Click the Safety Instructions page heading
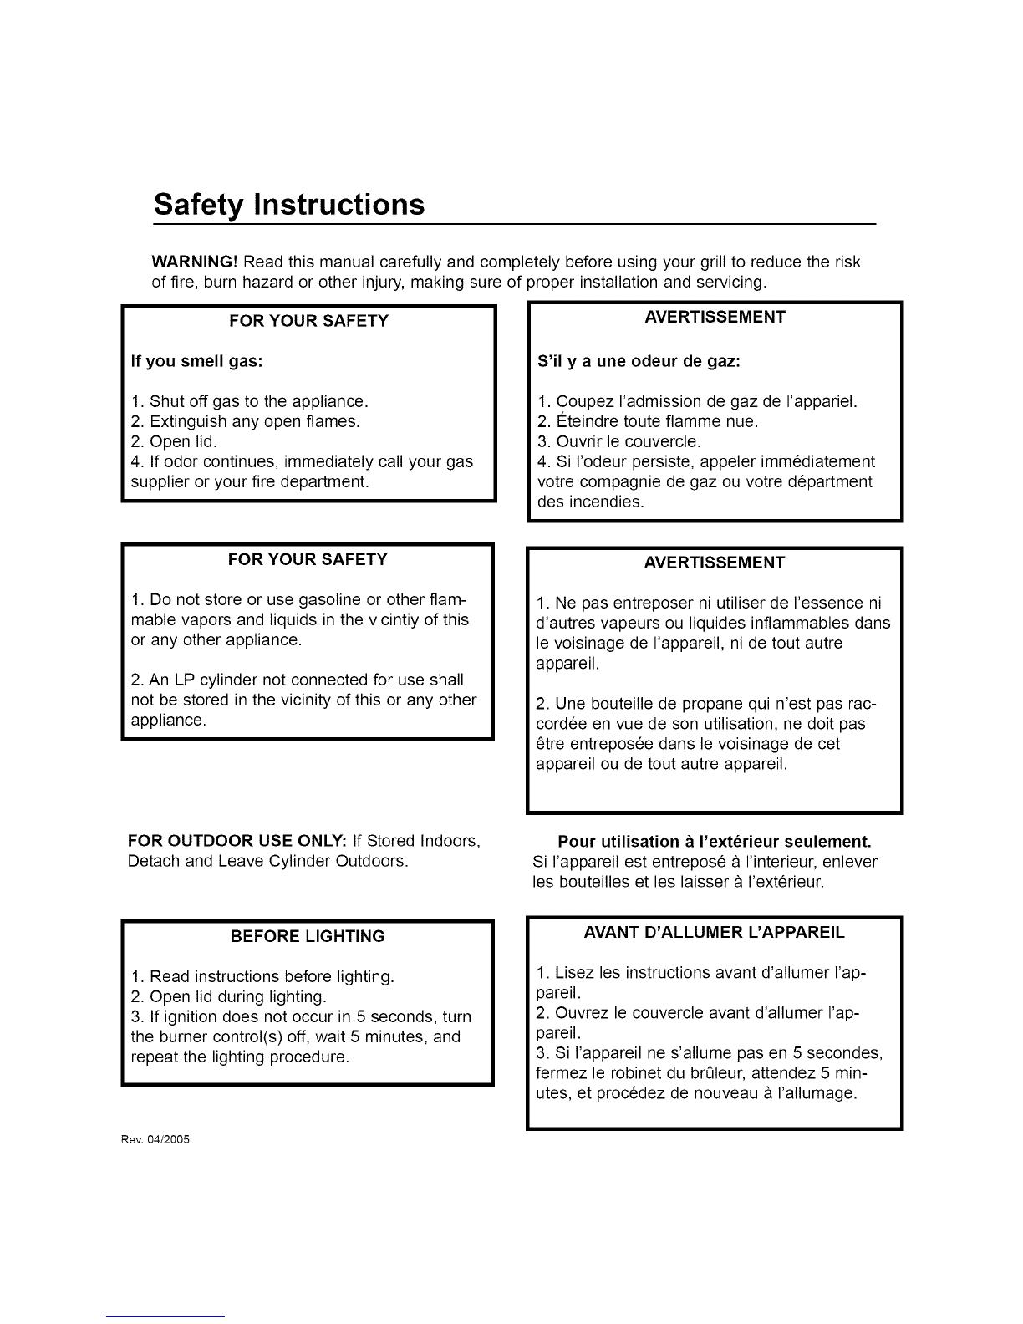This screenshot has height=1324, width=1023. point(289,206)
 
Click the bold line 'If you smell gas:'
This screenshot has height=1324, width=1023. point(197,362)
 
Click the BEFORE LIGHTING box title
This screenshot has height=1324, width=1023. point(308,936)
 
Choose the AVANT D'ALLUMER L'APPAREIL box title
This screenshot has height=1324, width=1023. point(714,932)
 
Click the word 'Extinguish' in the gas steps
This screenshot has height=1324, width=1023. point(186,421)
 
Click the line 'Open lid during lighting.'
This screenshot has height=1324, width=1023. point(237,997)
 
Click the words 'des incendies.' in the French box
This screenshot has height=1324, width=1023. point(590,502)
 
